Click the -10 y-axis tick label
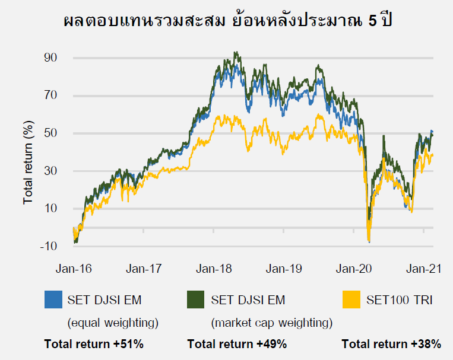coord(47,246)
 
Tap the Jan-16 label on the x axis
coord(74,269)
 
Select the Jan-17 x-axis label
coord(144,269)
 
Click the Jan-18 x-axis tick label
coord(214,269)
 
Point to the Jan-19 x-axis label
coord(284,269)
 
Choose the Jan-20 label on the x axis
coord(354,269)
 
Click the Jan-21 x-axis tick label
coord(423,269)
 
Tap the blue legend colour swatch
coord(53,300)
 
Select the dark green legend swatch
coord(196,300)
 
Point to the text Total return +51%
coord(94,344)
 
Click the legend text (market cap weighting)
coord(271,323)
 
